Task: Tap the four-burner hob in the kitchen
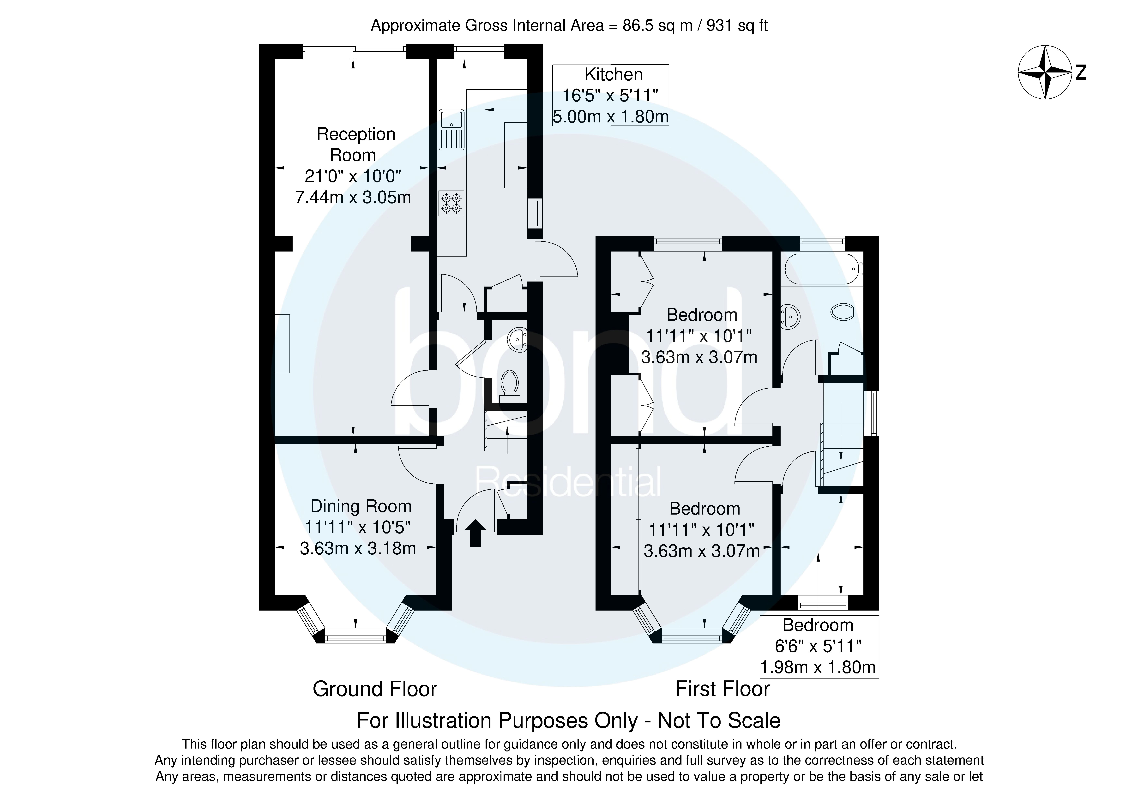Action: click(x=451, y=203)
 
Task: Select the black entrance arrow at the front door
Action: click(x=475, y=533)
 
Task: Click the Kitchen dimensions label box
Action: click(x=611, y=95)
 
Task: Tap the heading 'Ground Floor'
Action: click(x=375, y=689)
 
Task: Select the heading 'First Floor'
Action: click(x=722, y=689)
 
